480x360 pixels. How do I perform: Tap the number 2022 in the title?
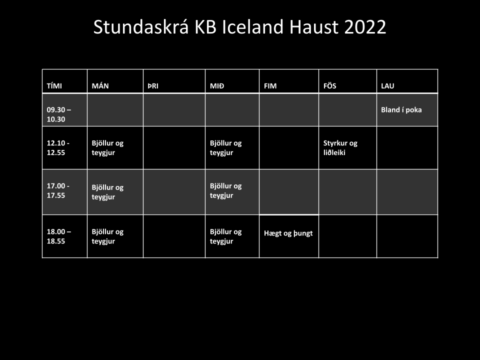[x=365, y=27]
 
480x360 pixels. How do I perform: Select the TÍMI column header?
[x=54, y=86]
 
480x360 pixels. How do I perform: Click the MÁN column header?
[x=100, y=86]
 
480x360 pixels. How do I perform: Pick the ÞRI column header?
[x=153, y=86]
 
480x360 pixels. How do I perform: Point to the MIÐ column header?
[x=217, y=86]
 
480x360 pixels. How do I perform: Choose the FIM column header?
[x=270, y=86]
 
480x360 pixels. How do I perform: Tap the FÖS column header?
[x=329, y=85]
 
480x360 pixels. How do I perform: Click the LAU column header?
[x=387, y=86]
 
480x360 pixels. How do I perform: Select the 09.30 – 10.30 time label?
[x=59, y=114]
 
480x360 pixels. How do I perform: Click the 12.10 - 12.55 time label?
[x=58, y=148]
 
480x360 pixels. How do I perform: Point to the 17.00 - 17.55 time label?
[x=58, y=190]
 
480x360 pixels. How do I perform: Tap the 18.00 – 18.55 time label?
[x=59, y=236]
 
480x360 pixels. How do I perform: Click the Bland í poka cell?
[x=401, y=109]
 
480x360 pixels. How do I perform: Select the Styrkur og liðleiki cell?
[x=340, y=148]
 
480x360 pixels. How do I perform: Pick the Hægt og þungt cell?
[x=288, y=233]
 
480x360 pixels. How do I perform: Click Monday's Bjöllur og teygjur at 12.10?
[x=108, y=148]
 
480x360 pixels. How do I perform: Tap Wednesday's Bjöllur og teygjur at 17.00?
[x=226, y=190]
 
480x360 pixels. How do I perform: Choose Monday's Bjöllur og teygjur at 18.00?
[x=108, y=236]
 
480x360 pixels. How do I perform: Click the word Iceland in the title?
[x=253, y=26]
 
